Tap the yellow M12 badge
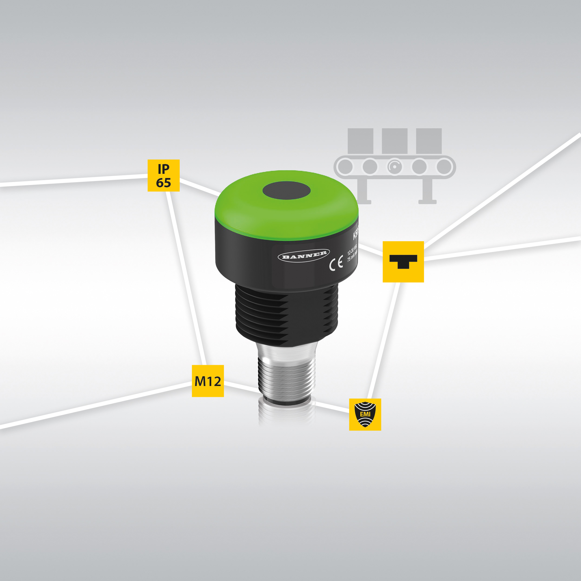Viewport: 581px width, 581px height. pyautogui.click(x=208, y=381)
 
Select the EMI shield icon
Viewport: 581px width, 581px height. pyautogui.click(x=365, y=414)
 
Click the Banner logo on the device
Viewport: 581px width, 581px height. pyautogui.click(x=304, y=255)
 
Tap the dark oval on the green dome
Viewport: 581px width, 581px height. pyautogui.click(x=286, y=191)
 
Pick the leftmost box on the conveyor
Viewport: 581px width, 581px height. pyautogui.click(x=360, y=141)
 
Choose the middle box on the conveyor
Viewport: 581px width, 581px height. pyautogui.click(x=395, y=141)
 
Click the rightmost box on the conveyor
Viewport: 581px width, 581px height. pyautogui.click(x=429, y=141)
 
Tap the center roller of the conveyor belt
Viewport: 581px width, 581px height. pyautogui.click(x=395, y=166)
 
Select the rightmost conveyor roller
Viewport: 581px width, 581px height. pyautogui.click(x=444, y=166)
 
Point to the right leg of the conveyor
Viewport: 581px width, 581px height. pyautogui.click(x=427, y=191)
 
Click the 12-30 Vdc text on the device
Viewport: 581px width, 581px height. pyautogui.click(x=352, y=249)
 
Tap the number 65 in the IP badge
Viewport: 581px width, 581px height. pyautogui.click(x=163, y=182)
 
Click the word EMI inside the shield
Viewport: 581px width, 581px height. pyautogui.click(x=365, y=414)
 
